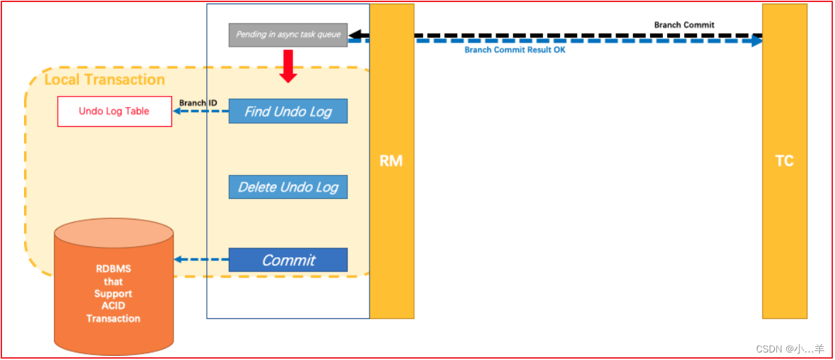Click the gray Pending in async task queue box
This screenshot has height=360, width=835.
(x=288, y=35)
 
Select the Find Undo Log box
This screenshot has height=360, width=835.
(x=288, y=111)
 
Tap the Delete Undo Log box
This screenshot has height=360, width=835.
(x=288, y=187)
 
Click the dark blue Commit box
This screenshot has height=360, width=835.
(x=288, y=260)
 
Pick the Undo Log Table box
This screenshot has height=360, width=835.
(x=114, y=111)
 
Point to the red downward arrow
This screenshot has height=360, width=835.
(x=288, y=67)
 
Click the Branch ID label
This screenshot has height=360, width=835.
(x=198, y=103)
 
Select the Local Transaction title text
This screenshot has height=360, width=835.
(x=104, y=80)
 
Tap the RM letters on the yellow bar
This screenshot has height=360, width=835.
(x=391, y=161)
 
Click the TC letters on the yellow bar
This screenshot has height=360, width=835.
(x=784, y=161)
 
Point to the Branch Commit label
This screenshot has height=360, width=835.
(x=683, y=25)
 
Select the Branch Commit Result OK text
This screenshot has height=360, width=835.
(x=515, y=50)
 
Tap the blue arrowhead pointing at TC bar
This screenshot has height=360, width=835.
(x=756, y=41)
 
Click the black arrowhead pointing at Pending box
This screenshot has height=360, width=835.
(x=355, y=35)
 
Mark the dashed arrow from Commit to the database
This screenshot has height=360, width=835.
(x=202, y=260)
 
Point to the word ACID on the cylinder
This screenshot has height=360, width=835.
(x=113, y=306)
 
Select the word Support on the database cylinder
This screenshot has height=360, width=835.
(x=113, y=293)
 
